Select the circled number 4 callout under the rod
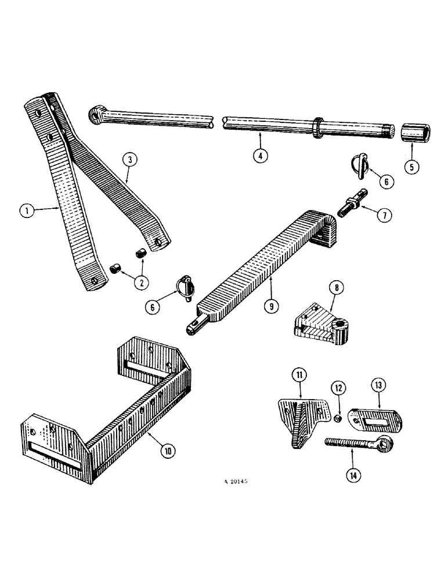point(261,157)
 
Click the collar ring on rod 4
point(319,126)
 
